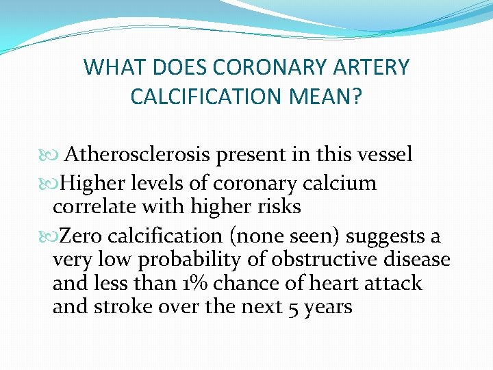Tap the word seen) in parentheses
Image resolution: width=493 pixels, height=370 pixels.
tap(313, 236)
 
